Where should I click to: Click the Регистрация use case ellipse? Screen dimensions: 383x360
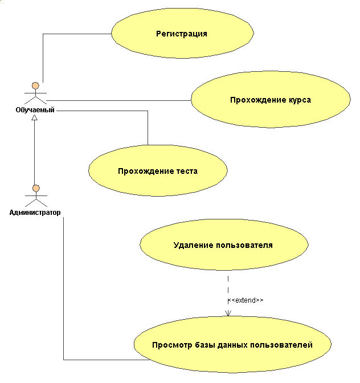click(182, 34)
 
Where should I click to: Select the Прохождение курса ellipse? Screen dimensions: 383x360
click(270, 100)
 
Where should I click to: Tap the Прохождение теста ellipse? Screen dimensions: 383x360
click(158, 171)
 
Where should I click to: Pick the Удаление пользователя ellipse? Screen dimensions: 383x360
click(223, 246)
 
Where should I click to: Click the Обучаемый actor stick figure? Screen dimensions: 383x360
click(35, 94)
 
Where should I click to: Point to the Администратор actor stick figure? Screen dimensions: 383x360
click(35, 197)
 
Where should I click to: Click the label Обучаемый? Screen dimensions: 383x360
click(35, 110)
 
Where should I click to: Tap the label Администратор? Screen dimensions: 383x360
click(35, 213)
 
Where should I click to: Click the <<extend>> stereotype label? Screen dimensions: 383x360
click(246, 300)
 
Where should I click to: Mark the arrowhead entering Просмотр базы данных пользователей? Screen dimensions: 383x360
click(228, 312)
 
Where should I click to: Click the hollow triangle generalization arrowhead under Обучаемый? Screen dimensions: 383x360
click(35, 117)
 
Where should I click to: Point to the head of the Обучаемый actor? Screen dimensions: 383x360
click(35, 86)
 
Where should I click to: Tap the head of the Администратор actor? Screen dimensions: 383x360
click(35, 189)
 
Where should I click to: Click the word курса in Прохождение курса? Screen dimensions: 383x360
click(298, 100)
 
